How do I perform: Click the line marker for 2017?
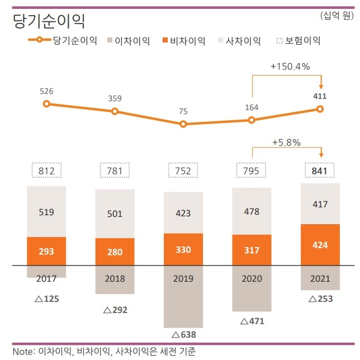coord(46,103)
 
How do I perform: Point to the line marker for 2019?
coord(183,124)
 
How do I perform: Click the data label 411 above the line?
coord(320,96)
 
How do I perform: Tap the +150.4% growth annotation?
coord(290,67)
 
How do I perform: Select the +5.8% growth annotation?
coord(286,142)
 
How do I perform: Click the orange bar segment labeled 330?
coord(183,249)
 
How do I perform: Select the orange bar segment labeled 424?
coord(320,244)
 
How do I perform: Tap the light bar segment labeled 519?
coord(46,212)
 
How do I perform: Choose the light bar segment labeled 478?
coord(252,211)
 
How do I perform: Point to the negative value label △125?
coord(46,299)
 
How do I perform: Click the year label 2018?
coord(115,279)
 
